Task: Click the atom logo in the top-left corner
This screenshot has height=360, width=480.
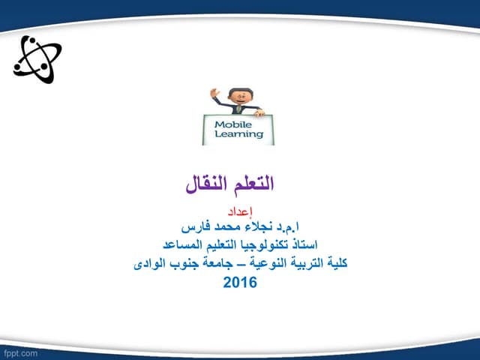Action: pos(37,59)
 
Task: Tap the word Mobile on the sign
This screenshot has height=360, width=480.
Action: pos(235,124)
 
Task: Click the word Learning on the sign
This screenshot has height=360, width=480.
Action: pos(239,135)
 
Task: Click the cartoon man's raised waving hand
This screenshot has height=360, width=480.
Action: pos(215,94)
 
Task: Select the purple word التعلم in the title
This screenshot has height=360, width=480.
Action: pos(250,182)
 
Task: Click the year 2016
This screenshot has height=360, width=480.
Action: pos(240,283)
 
